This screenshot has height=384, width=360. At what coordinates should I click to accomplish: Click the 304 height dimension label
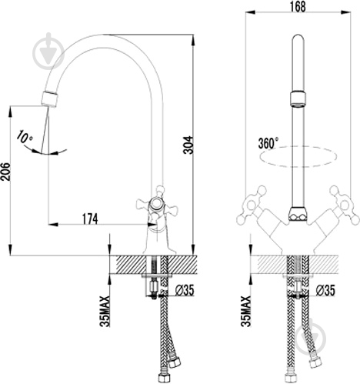coord(188,145)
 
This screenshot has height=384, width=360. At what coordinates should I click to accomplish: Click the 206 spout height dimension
coord(5,172)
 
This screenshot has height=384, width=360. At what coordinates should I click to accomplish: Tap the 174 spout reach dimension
coord(90,219)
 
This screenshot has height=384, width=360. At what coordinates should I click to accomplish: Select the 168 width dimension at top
coord(298,6)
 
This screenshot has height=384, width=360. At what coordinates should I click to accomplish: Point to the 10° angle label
coord(25,136)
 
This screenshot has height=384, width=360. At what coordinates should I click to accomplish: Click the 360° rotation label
coord(268,143)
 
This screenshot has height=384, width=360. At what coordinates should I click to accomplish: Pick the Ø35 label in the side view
coord(185,291)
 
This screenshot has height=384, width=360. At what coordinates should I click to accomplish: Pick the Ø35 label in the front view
coord(325,291)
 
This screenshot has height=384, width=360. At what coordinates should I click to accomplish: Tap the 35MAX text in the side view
coord(105,311)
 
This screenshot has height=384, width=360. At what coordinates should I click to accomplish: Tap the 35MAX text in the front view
coord(245,311)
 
